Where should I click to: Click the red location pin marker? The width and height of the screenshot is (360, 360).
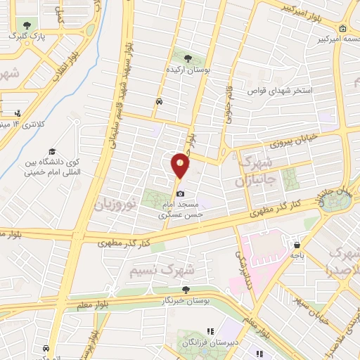tap(181, 165)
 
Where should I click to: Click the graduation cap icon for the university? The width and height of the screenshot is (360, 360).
tap(52, 151)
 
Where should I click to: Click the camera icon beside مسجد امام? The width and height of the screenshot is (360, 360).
tap(181, 193)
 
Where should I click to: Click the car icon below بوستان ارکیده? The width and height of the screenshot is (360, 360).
tap(160, 102)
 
